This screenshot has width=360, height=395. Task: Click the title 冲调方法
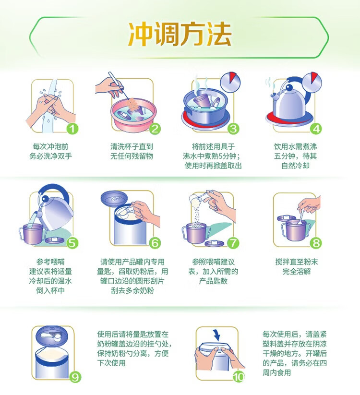pos(180,34)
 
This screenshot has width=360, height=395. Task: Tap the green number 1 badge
pos(72,129)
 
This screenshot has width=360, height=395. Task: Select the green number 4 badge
pos(316,129)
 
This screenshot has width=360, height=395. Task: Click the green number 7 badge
pos(233,243)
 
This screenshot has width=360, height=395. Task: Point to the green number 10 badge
pos(239,377)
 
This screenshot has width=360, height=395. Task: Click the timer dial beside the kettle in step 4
pos(312,82)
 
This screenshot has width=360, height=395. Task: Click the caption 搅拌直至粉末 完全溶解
pos(296,266)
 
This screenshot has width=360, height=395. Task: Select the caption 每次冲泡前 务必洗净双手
pos(50,151)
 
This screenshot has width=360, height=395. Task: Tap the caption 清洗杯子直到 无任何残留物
pos(132,151)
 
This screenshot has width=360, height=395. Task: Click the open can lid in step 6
pos(114,198)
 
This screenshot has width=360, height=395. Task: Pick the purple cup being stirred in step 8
pos(293,229)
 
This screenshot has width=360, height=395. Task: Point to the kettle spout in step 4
pos(274,96)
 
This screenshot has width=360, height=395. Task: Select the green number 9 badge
pos(75,377)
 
